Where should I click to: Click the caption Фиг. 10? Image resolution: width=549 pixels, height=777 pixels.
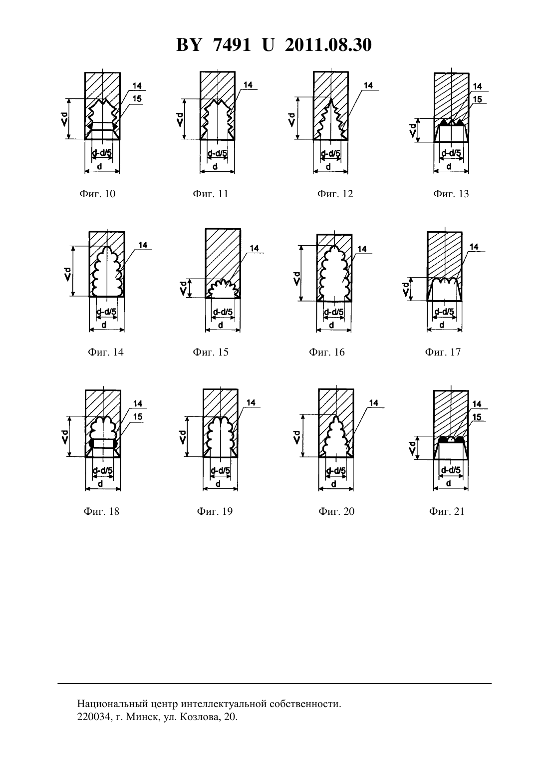pos(97,194)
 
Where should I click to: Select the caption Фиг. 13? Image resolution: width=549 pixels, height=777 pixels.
pos(451,194)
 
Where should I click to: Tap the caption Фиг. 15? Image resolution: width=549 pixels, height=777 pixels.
pos(211,352)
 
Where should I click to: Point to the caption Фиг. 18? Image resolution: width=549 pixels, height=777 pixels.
pos(101,511)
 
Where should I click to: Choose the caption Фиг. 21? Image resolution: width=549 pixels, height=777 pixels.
pos(446,511)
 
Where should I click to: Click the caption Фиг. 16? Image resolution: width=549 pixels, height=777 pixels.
pos(327,352)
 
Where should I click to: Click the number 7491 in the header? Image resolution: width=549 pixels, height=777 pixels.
pos(232,45)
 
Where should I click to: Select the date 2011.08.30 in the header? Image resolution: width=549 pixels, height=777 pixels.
pos(328,45)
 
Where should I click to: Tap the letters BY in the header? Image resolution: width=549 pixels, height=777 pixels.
pos(189,45)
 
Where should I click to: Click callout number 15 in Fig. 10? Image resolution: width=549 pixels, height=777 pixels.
pos(137,98)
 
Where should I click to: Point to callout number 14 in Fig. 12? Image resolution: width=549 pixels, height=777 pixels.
pos(368,85)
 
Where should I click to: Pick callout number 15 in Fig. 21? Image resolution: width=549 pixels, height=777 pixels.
pos(477,417)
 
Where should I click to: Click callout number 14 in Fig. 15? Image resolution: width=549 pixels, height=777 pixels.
pos(255,248)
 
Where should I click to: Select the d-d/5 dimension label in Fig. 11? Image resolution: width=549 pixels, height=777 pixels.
pos(217,153)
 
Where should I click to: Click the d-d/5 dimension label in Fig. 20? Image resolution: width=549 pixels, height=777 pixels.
pos(336,471)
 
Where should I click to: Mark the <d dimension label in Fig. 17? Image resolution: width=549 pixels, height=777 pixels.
pos(405,289)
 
